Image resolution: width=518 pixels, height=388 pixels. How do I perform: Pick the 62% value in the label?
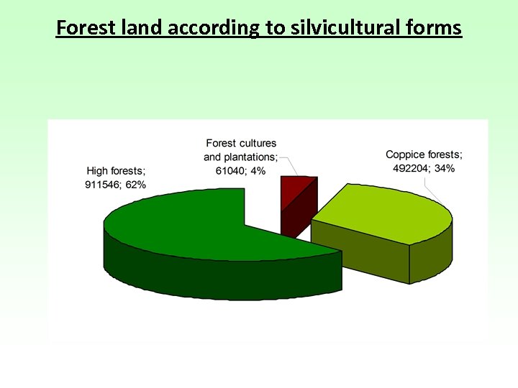pyautogui.click(x=136, y=185)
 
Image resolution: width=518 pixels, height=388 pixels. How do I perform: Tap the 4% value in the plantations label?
pyautogui.click(x=257, y=170)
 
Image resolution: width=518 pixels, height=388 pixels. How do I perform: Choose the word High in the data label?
pyautogui.click(x=98, y=171)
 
